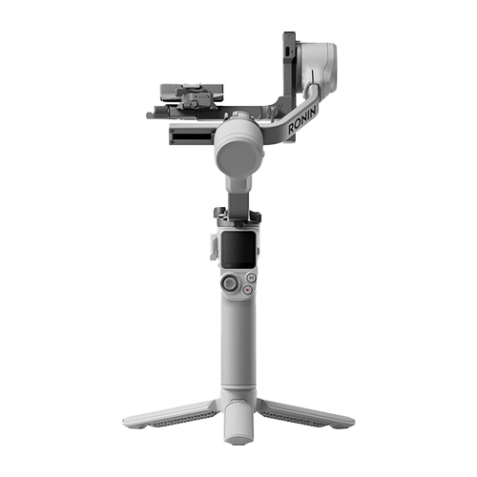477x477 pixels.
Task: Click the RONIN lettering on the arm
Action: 302,120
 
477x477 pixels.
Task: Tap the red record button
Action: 247,290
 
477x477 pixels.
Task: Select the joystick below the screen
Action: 230,283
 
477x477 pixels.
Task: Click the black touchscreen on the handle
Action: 238,250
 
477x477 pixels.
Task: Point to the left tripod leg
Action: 171,414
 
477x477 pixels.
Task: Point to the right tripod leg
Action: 306,413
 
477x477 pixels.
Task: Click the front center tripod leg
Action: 238,423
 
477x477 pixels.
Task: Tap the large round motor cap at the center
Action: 238,156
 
